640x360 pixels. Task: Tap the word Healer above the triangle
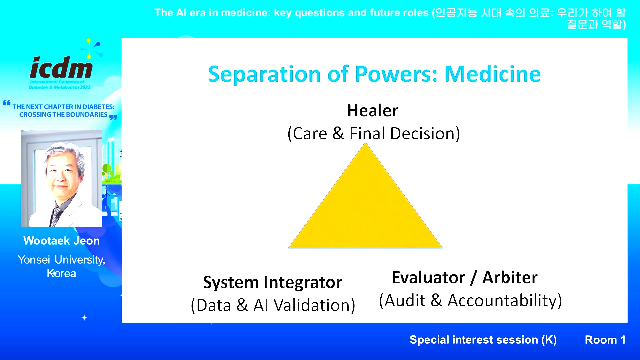point(373,110)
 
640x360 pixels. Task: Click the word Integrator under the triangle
point(303,283)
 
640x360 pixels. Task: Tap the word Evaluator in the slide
point(428,277)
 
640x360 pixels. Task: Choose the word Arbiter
point(510,277)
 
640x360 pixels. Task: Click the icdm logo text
point(61,67)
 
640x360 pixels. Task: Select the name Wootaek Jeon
point(61,241)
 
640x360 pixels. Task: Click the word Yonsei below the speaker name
point(34,260)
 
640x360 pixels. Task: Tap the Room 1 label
point(605,340)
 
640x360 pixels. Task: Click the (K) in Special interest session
point(549,340)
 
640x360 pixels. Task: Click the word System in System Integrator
point(231,283)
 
